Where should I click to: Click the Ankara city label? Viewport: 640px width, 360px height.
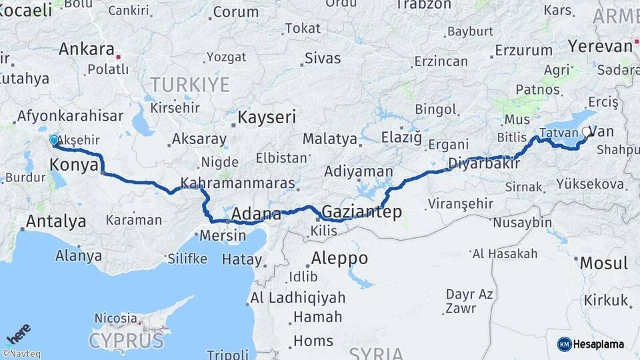(x=87, y=49)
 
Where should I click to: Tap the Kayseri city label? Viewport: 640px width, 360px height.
(x=267, y=118)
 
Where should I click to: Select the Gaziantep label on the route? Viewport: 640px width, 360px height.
(x=361, y=213)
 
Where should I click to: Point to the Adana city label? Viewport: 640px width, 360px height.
(x=257, y=215)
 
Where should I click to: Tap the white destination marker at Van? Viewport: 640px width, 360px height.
(x=587, y=132)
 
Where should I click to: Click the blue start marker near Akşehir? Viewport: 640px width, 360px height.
(x=54, y=141)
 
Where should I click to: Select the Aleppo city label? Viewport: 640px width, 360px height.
(x=339, y=258)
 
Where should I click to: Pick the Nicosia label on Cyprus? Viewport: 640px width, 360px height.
(x=116, y=319)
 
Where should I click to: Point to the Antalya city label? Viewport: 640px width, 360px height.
(x=56, y=221)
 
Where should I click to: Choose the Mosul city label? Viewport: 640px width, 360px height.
(x=603, y=263)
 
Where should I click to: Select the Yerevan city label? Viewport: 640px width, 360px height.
(x=599, y=46)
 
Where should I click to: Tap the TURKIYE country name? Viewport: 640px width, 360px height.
(x=190, y=85)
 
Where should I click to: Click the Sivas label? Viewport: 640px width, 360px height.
(x=323, y=58)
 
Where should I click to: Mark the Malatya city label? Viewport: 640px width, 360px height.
(x=330, y=139)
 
